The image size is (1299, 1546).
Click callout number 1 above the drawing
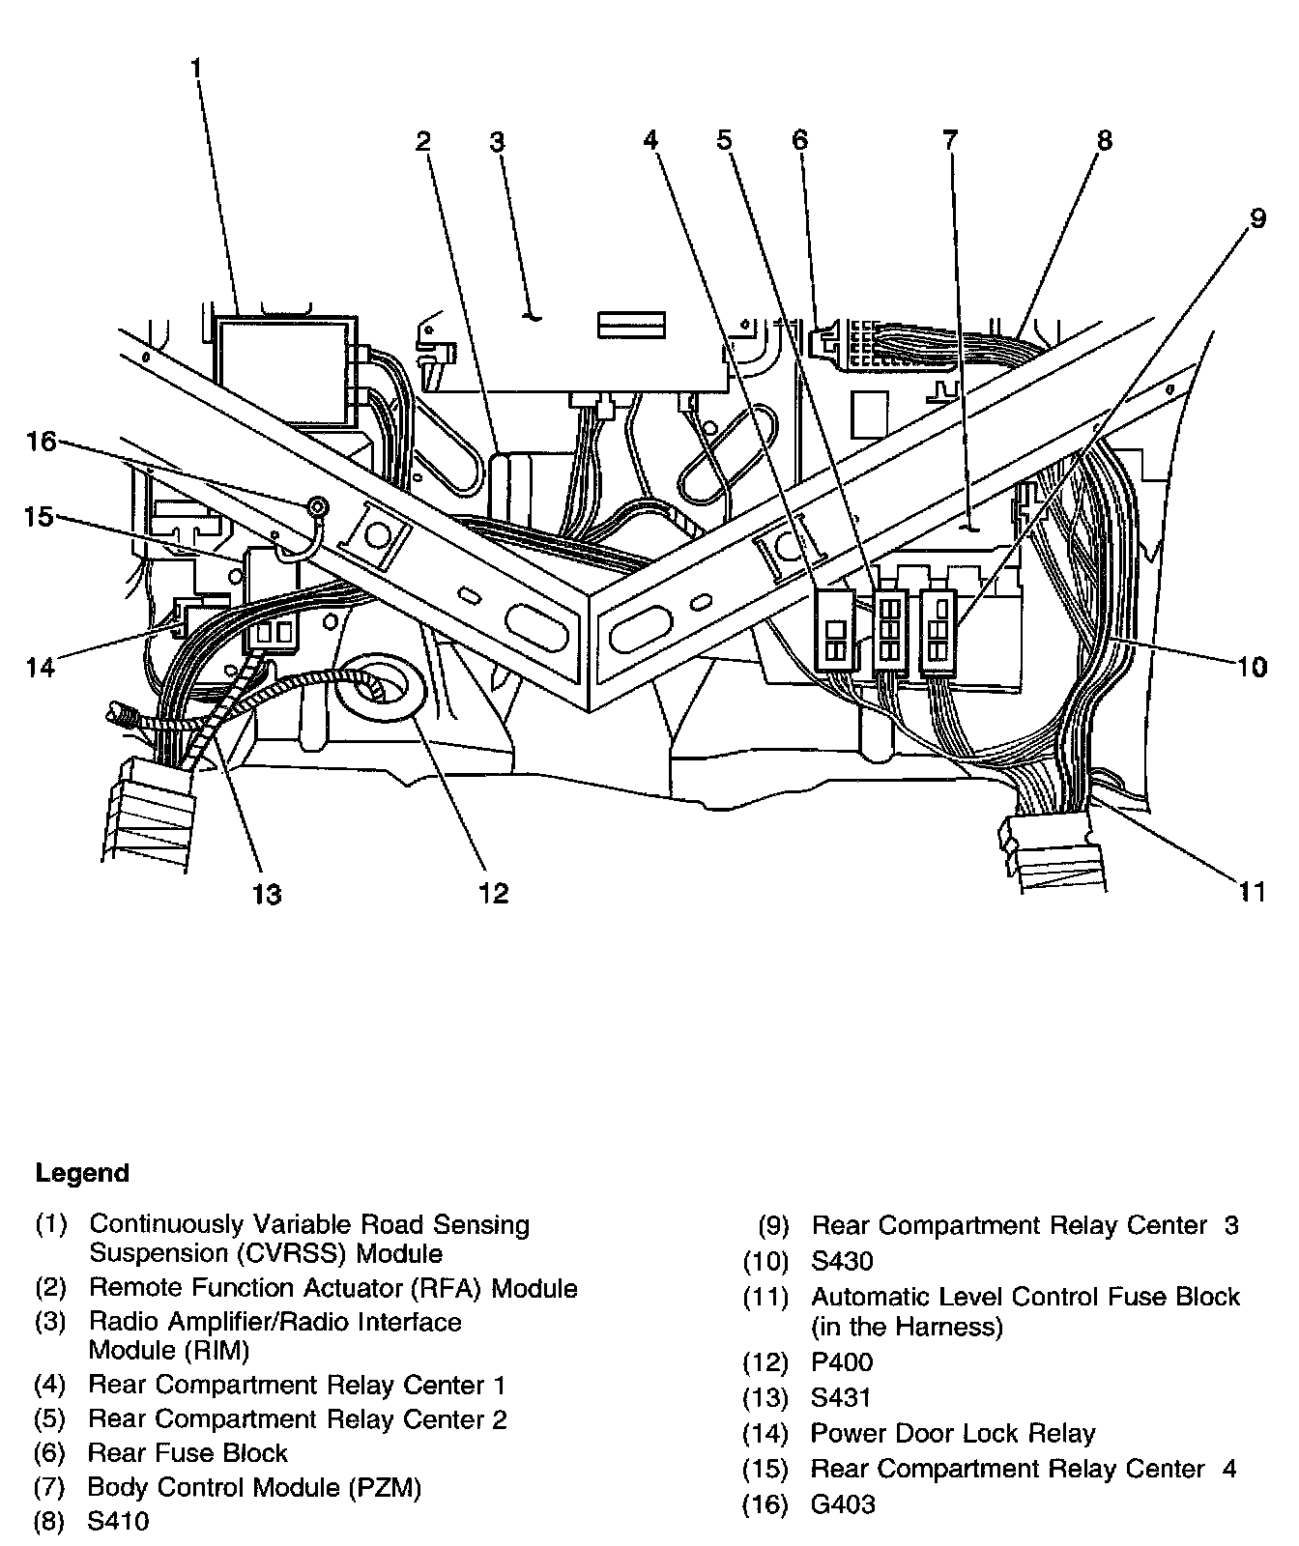(x=196, y=69)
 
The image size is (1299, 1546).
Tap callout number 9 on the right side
(x=1256, y=218)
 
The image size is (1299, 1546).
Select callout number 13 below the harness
(x=267, y=894)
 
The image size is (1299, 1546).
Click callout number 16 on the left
(x=42, y=442)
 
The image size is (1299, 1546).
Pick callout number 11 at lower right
(x=1253, y=890)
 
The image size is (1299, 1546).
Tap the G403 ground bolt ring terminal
(x=315, y=504)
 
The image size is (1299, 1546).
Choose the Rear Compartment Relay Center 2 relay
(x=890, y=630)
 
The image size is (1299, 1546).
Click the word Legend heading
(x=82, y=1174)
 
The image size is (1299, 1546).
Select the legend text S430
(x=842, y=1261)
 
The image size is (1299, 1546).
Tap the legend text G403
(x=843, y=1503)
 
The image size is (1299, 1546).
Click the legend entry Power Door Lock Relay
(x=953, y=1433)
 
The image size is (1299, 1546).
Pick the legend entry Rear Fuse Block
(x=188, y=1453)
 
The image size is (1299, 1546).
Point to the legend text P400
(x=842, y=1362)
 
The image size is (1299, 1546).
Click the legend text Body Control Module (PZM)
(x=255, y=1487)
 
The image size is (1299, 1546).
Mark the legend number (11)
(x=766, y=1297)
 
